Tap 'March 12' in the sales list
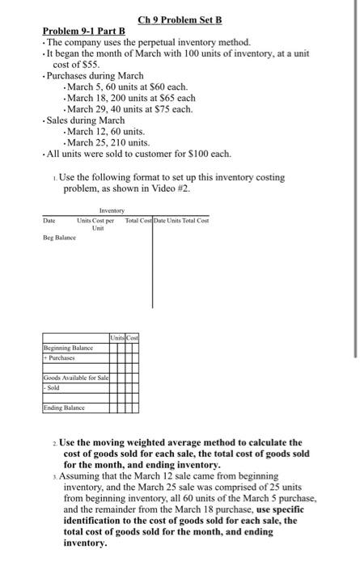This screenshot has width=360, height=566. pyautogui.click(x=86, y=131)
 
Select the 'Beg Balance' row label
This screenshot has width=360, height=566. pyautogui.click(x=60, y=238)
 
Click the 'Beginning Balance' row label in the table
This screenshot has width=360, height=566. pyautogui.click(x=70, y=348)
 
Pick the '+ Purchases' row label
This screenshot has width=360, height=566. pyautogui.click(x=61, y=358)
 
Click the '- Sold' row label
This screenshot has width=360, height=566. pyautogui.click(x=53, y=388)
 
